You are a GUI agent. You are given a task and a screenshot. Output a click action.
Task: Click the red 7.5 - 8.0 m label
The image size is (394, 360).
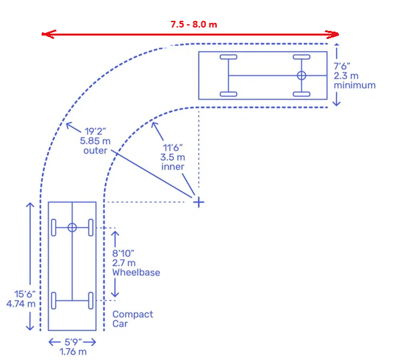pyautogui.click(x=194, y=24)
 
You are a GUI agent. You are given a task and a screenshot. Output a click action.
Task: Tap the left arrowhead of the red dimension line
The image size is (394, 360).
pyautogui.click(x=48, y=34)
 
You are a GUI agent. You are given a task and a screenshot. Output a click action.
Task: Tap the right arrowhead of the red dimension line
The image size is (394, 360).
pyautogui.click(x=332, y=34)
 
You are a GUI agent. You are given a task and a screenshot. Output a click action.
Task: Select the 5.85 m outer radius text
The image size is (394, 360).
pyautogui.click(x=95, y=141)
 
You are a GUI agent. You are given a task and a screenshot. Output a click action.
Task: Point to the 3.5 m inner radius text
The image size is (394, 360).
pyautogui.click(x=173, y=157)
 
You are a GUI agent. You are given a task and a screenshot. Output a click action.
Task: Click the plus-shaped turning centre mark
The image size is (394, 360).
pyautogui.click(x=199, y=202)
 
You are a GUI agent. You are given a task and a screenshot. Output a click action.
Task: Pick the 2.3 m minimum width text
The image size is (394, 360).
pyautogui.click(x=346, y=76)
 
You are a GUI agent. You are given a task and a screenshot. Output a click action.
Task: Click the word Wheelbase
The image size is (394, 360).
pyautogui.click(x=136, y=273)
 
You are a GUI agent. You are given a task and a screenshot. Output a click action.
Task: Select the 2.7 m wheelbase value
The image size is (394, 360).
pyautogui.click(x=124, y=263)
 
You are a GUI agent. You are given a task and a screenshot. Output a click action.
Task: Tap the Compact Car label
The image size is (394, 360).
pyautogui.click(x=133, y=319)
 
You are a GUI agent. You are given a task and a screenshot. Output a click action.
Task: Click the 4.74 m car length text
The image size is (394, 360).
pyautogui.click(x=21, y=304)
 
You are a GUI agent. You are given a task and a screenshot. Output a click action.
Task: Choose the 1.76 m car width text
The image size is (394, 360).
pyautogui.click(x=73, y=351)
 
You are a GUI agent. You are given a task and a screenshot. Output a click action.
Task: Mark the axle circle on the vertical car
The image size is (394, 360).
pyautogui.click(x=72, y=228)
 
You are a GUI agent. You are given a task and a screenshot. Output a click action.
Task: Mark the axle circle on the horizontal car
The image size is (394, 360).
pyautogui.click(x=301, y=75)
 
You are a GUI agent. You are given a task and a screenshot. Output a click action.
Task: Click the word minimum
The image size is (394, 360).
pyautogui.click(x=354, y=85)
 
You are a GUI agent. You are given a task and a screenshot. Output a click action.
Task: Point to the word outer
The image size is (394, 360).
pyautogui.click(x=95, y=150)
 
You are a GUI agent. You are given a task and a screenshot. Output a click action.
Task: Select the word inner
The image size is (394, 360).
pyautogui.click(x=173, y=167)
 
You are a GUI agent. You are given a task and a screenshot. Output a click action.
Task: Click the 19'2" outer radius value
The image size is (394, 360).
pyautogui.click(x=95, y=131)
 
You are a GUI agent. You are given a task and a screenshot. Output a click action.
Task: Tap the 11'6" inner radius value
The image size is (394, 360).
pyautogui.click(x=173, y=148)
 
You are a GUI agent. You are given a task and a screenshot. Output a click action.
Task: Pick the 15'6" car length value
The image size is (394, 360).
pyautogui.click(x=25, y=294)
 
